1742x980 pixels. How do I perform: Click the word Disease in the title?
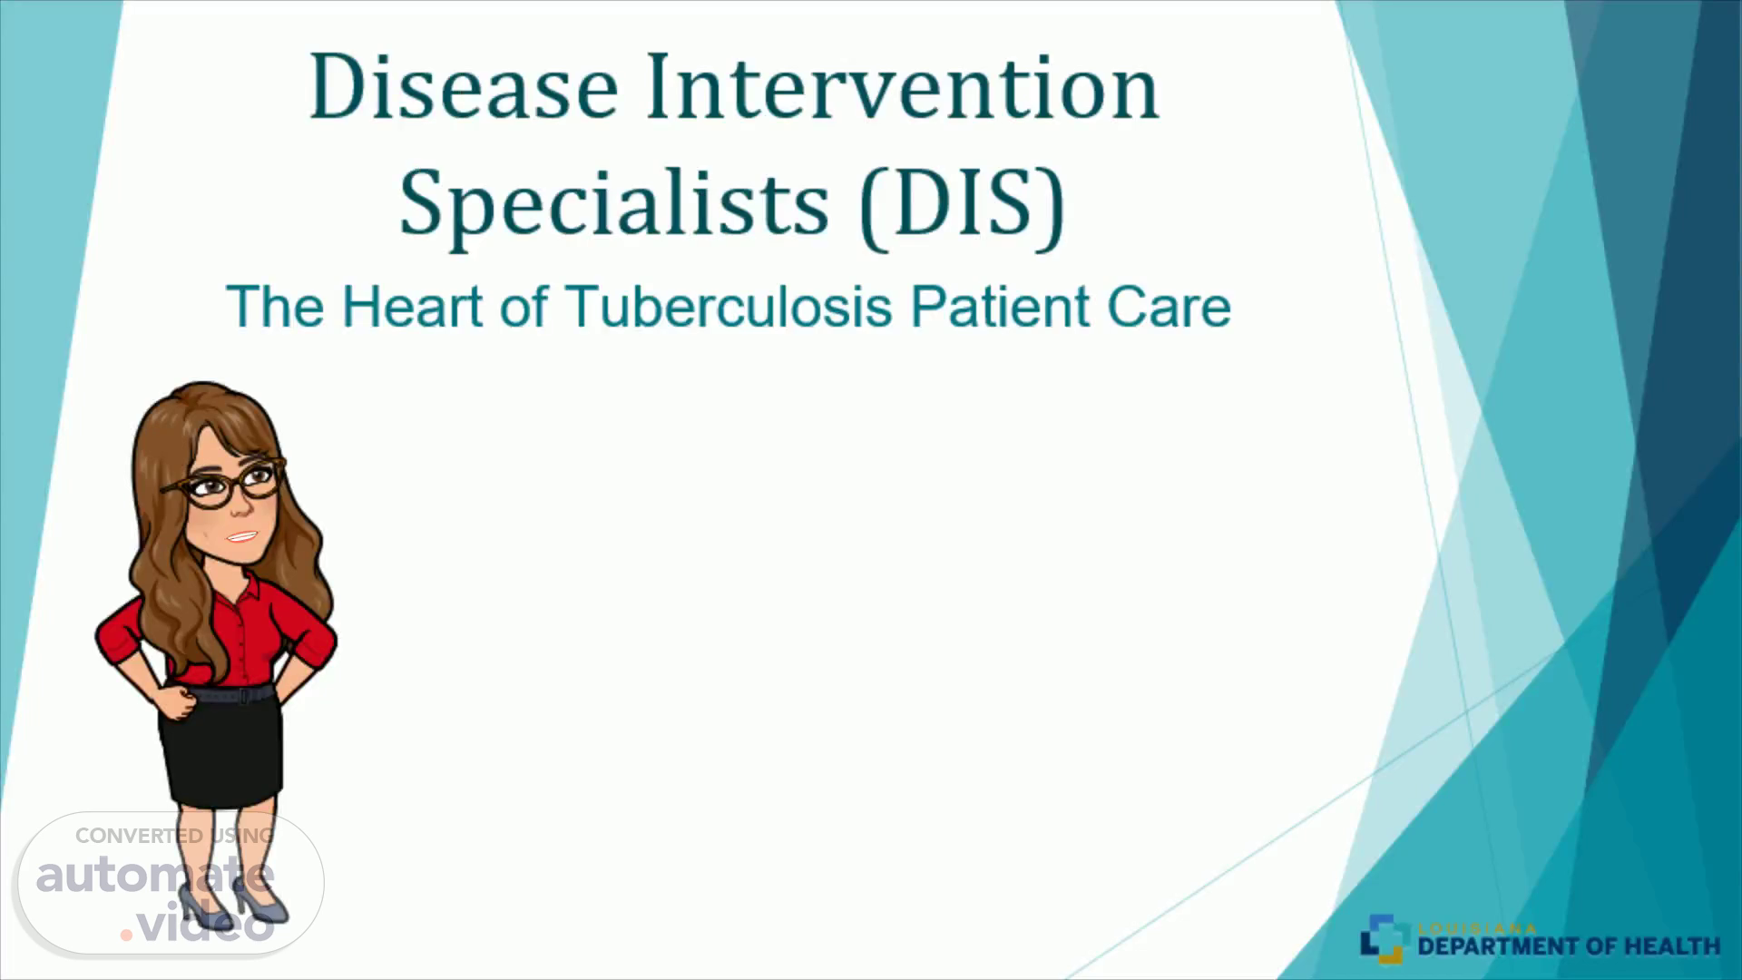464,87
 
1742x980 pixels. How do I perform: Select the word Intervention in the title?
903,87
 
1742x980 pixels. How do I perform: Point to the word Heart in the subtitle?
412,307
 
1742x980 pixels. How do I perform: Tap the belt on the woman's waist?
229,695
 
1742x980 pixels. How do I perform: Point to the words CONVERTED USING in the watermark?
174,836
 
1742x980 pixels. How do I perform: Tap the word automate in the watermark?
155,876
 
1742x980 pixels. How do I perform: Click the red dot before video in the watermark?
126,935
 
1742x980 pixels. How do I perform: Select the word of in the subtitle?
524,307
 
